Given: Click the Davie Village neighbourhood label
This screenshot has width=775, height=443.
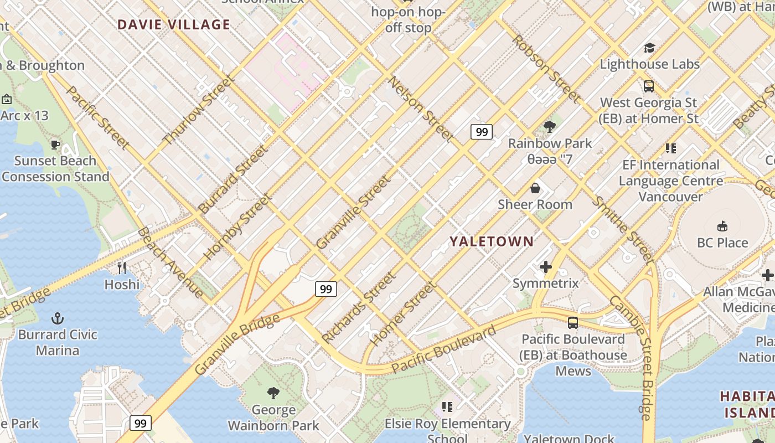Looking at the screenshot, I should tap(173, 24).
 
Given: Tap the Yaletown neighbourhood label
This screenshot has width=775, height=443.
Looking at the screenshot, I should tap(492, 241).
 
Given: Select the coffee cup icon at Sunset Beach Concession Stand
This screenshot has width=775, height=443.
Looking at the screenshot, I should tap(55, 145).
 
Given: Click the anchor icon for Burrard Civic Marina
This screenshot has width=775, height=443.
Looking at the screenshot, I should tap(57, 318).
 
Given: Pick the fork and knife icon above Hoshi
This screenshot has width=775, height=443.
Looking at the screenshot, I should tap(122, 268).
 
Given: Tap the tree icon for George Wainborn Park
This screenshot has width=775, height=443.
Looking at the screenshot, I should tap(273, 393).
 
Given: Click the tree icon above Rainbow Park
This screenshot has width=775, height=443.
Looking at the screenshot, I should tap(550, 127).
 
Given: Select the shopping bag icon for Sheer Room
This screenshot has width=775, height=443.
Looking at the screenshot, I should tap(535, 188).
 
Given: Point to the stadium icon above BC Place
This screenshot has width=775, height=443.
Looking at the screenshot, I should tap(722, 226).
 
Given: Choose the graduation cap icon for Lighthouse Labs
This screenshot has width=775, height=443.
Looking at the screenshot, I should tap(649, 48).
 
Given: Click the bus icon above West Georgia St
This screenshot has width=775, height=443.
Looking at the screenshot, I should tap(648, 86).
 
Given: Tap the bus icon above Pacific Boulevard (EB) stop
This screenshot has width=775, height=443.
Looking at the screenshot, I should tap(573, 323).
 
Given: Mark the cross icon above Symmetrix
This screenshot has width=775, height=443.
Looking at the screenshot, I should tap(546, 267).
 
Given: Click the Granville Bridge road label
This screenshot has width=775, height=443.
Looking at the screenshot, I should tap(237, 344).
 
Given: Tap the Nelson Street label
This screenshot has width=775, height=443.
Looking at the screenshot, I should tap(421, 109).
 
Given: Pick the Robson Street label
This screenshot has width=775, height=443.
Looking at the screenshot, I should tap(546, 69).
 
